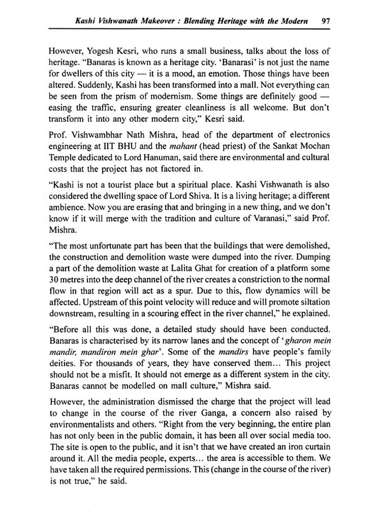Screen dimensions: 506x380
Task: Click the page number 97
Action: point(325,21)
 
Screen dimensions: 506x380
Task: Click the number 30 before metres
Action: point(54,280)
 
